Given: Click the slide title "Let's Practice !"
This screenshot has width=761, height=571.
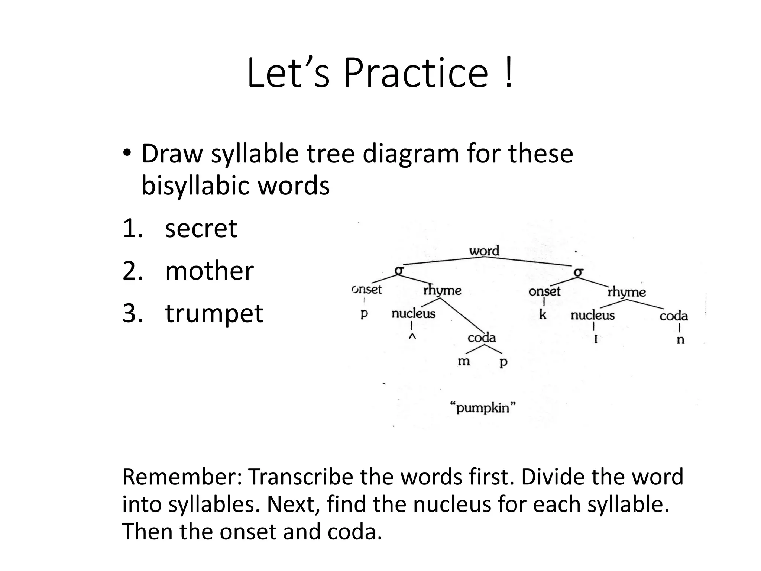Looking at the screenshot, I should [x=380, y=73].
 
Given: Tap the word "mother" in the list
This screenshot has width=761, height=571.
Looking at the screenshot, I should [x=209, y=271].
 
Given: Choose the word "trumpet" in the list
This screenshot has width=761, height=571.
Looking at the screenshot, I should [x=214, y=313].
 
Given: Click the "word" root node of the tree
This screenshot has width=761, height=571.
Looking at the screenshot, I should [x=484, y=251].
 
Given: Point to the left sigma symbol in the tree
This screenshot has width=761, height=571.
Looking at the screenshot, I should [x=399, y=271].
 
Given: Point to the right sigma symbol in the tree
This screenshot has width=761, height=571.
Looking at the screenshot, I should [x=579, y=272].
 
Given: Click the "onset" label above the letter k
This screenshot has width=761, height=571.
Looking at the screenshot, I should [x=544, y=291].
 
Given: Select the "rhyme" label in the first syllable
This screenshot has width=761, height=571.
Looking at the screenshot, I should [x=442, y=290].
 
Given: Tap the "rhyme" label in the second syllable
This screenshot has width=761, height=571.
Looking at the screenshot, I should [x=626, y=292].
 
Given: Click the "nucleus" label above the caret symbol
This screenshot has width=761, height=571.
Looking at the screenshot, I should [x=413, y=314].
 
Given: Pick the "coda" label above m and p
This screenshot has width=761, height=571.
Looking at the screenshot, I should [x=482, y=338].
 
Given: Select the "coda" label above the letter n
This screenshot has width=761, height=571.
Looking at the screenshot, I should [x=674, y=316].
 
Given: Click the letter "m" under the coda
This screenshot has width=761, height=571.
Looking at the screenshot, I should [x=464, y=361].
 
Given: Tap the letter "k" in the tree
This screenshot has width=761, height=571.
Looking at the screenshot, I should [x=543, y=315].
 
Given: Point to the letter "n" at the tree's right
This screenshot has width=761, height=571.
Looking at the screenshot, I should [x=680, y=340].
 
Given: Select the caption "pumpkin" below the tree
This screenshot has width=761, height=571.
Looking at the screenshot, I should [x=483, y=408].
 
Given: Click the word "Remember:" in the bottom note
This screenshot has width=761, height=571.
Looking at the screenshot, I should [x=182, y=477].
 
